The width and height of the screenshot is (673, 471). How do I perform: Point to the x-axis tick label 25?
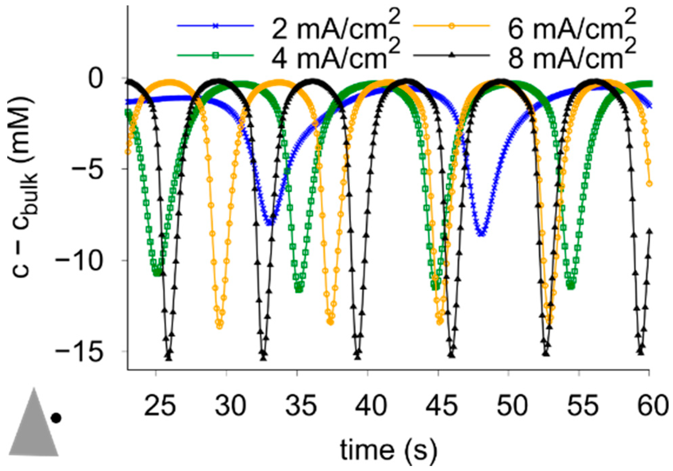click(x=160, y=407)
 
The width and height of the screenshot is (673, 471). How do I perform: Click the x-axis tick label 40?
click(x=368, y=407)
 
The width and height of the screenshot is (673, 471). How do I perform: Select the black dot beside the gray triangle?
click(x=56, y=418)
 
